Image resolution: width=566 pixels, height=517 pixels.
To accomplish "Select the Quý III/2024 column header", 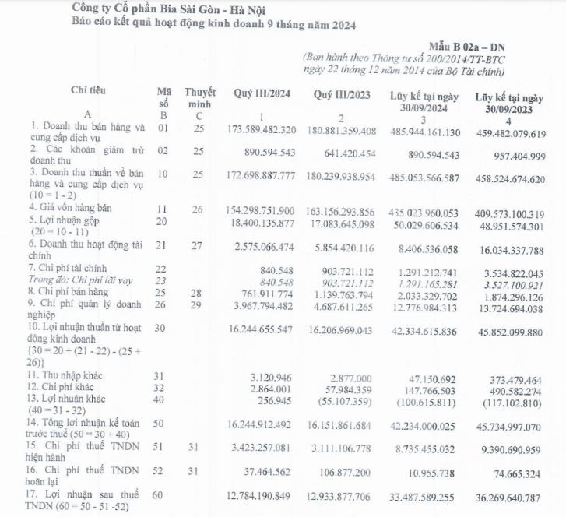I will pos(262,94).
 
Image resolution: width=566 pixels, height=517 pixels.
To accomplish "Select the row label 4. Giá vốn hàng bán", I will pos(72,208).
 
